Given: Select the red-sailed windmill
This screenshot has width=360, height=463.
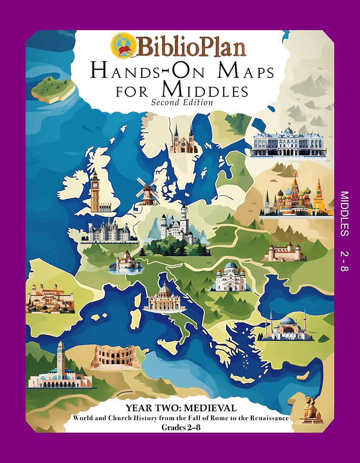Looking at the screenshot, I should tap(147, 191).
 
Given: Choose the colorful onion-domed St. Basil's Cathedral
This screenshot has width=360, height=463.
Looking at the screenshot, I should tap(295, 195).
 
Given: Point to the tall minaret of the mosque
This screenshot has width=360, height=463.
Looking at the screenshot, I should tap(61, 357).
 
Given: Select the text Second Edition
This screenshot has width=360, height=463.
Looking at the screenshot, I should tap(182, 103).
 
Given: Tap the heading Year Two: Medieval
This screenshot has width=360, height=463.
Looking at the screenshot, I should tap(181, 408).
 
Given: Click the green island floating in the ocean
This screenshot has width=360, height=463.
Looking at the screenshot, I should tap(53, 88).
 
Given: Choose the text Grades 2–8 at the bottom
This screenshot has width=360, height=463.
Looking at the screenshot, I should tap(181, 428).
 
